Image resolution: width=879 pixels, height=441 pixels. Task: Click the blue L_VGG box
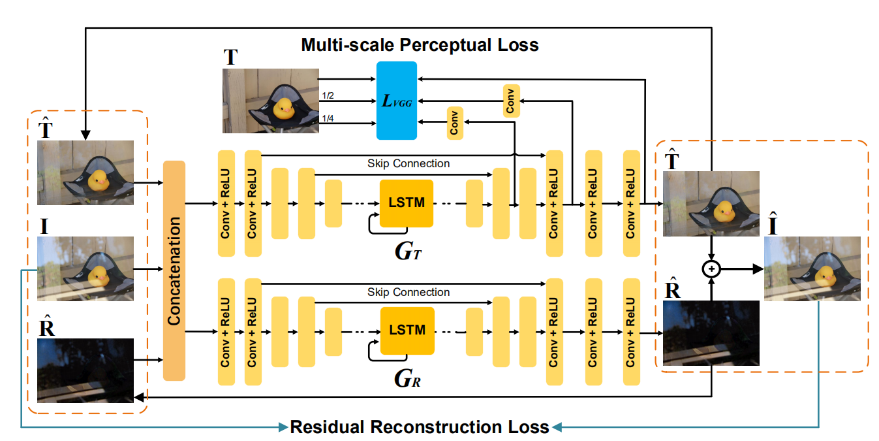397,100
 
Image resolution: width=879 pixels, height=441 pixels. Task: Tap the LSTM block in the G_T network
407,203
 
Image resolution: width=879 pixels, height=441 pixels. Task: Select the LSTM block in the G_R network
407,331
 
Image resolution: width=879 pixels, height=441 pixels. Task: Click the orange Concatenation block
174,270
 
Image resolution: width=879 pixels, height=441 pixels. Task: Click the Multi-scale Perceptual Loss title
420,45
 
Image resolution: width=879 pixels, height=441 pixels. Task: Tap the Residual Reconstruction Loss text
420,427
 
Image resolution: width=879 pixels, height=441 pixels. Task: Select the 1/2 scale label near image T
328,96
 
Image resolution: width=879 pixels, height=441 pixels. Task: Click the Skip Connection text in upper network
409,163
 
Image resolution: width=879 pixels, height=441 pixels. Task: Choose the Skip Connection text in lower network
409,292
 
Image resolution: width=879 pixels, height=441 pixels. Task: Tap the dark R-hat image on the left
85,370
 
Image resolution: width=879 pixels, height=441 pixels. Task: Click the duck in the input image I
97,274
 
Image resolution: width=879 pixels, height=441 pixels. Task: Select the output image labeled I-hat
812,269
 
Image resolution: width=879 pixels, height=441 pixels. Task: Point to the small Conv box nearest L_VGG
455,122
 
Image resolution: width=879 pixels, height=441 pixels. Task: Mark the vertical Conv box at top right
512,101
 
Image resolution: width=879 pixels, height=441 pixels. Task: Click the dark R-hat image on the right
711,332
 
